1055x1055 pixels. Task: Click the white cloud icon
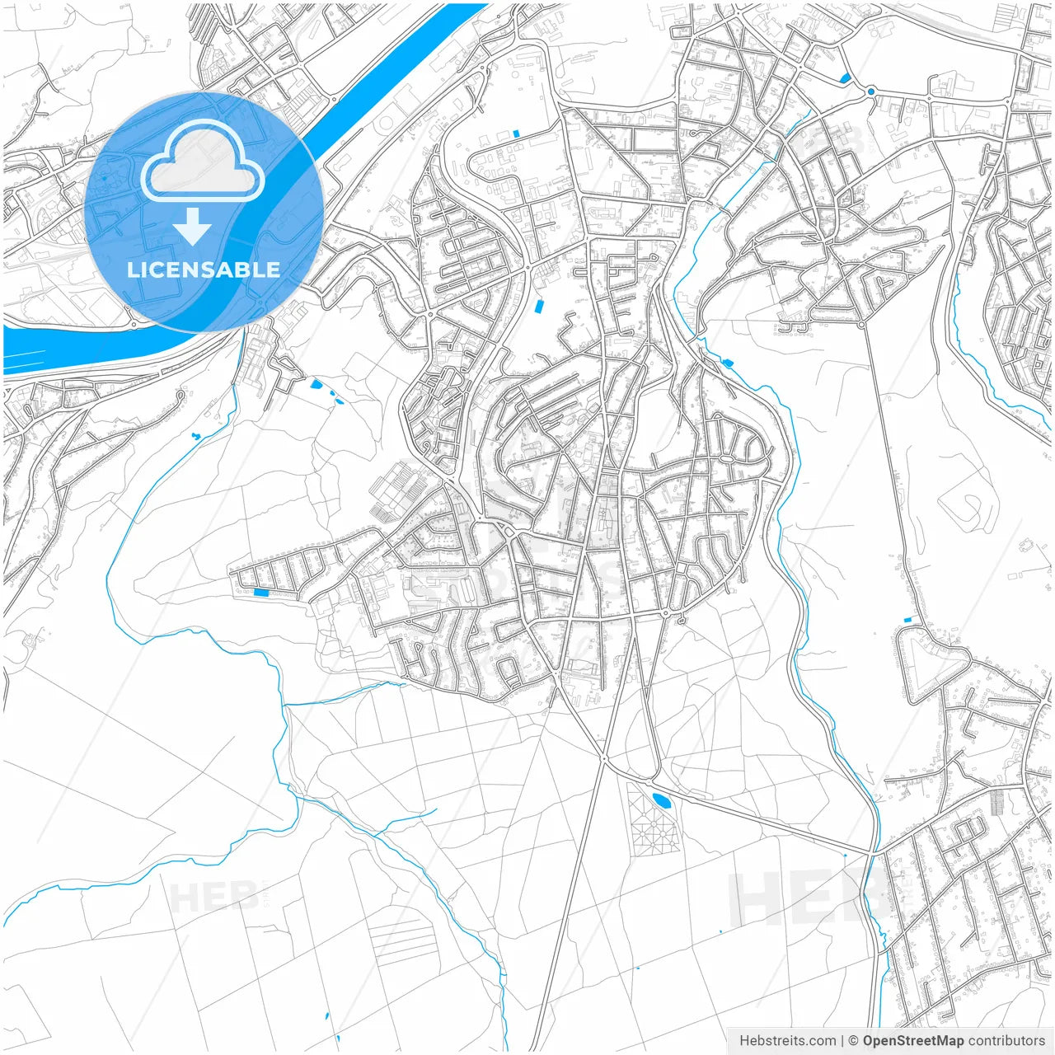(202, 162)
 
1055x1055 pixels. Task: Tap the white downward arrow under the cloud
(192, 226)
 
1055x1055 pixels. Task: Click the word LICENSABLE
(203, 270)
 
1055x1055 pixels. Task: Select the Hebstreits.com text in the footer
(787, 1041)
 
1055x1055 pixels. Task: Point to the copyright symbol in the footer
(854, 1041)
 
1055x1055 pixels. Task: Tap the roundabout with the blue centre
(870, 91)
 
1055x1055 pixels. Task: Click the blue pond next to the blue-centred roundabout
(846, 78)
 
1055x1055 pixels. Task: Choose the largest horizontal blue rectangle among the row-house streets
(261, 592)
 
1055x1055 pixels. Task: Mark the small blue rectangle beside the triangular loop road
(908, 619)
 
